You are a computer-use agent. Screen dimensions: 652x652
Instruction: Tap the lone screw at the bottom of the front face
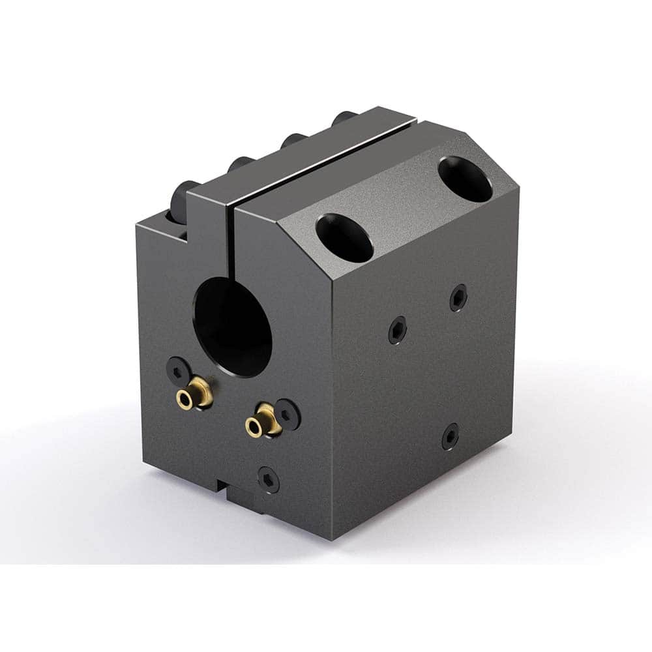269,479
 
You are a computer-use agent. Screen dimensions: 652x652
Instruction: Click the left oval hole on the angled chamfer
344,237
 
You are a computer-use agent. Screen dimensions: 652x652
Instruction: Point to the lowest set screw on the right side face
450,436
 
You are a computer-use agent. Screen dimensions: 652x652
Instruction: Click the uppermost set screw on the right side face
458,297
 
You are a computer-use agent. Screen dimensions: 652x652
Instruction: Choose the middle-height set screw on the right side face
397,329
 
